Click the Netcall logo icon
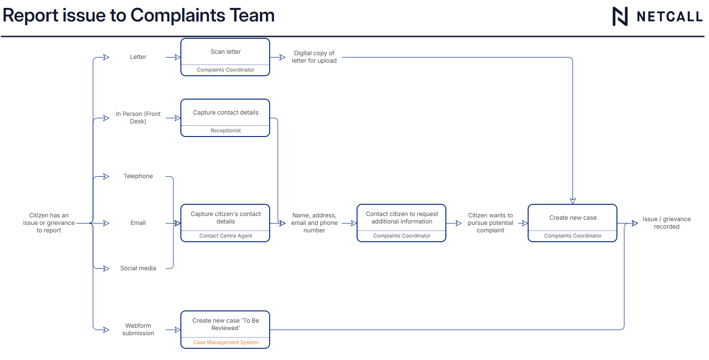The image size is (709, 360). (620, 16)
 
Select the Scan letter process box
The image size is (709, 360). (225, 52)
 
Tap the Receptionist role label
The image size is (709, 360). (225, 131)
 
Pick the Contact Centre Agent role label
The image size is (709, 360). (225, 236)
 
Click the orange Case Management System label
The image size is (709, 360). (225, 343)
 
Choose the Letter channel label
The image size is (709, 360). (138, 57)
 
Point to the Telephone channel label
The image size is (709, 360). (138, 176)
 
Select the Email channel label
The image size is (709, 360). (138, 223)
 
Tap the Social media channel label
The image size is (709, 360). (138, 268)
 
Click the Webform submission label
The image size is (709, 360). (138, 330)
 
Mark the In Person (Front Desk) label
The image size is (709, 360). (138, 118)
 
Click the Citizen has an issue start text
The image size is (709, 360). (49, 223)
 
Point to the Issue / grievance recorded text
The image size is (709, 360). (666, 223)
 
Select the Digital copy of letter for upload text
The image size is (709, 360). (314, 57)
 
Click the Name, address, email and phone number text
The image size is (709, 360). (314, 223)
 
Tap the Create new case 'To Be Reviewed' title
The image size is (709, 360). (225, 324)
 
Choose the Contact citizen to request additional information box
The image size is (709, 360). (401, 218)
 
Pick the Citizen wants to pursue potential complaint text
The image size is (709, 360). (490, 223)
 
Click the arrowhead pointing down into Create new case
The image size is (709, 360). (573, 201)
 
